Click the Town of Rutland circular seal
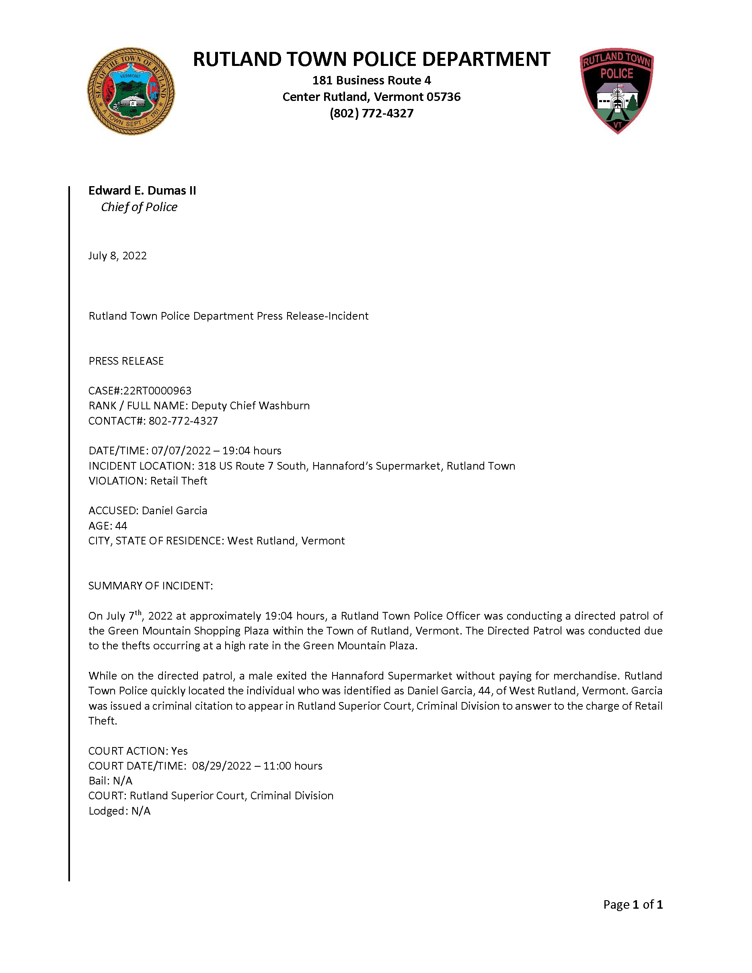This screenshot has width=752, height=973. pos(131,91)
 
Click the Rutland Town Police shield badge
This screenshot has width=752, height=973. pos(616,90)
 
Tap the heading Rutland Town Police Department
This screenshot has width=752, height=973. pos(371,59)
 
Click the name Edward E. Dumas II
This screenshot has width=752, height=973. pos(142,191)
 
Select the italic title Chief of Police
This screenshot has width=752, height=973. pos(139,207)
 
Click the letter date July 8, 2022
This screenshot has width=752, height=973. pos(117,256)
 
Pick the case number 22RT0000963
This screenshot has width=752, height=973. pos(157,391)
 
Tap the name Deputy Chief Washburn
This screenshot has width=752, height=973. pos(251,406)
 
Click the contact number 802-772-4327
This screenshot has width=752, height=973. pos(183,421)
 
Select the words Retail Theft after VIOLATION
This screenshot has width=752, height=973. pos(179,481)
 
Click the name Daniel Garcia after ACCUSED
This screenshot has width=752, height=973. pos(174,511)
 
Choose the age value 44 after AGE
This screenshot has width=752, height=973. pos(121,526)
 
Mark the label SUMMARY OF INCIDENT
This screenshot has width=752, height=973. pos(150,586)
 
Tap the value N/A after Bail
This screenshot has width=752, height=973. pos(123,781)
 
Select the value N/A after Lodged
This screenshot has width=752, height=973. pos(141,811)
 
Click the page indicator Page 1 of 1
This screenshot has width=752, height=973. pos(633,904)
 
